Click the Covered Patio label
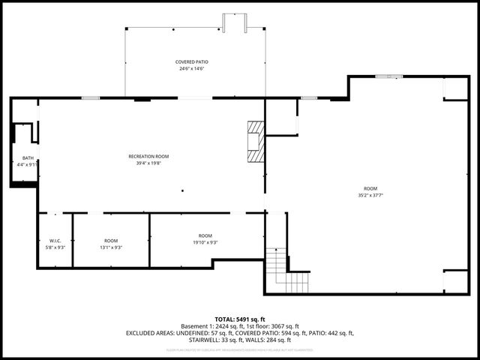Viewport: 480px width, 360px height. pos(192,61)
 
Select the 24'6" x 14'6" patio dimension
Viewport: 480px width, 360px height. pos(192,68)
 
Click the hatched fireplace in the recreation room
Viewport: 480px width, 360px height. pos(256,142)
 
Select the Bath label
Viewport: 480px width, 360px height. pos(28,157)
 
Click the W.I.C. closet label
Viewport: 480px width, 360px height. pos(55,240)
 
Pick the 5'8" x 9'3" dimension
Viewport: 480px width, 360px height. pos(55,247)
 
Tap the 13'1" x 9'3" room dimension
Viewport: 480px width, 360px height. pos(111,247)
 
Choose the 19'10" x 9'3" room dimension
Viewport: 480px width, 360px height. pos(205,242)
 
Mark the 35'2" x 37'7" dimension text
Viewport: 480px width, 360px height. pos(370,195)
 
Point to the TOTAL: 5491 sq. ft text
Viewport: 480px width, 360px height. pos(240,319)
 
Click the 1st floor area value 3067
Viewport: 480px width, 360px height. pos(284,326)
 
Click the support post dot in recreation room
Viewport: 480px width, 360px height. pos(182,190)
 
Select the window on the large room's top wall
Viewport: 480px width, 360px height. pos(387,76)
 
